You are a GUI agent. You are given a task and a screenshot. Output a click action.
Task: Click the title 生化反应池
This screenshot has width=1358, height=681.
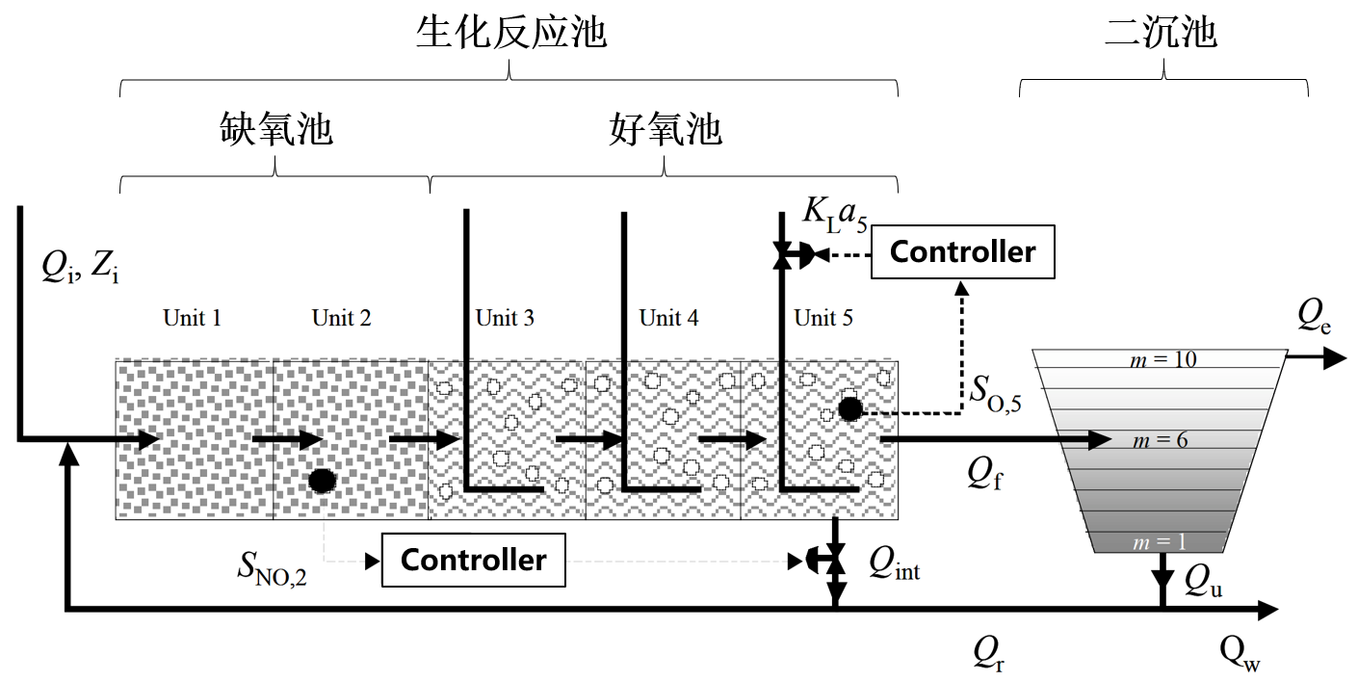510,33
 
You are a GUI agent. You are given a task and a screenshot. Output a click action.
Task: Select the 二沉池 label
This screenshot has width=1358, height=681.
1162,33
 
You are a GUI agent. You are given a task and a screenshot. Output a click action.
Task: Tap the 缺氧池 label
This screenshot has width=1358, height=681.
276,129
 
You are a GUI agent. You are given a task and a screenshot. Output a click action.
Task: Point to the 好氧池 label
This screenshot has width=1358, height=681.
666,129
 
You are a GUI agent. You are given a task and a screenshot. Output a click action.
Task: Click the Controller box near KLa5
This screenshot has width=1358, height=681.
962,252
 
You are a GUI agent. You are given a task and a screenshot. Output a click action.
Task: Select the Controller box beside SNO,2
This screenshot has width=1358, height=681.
473,561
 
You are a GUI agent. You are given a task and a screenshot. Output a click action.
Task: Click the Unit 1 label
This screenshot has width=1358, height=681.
192,318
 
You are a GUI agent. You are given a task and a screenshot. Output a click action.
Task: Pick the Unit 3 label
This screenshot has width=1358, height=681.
505,318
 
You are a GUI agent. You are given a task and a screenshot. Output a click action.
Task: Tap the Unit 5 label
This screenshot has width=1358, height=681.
823,318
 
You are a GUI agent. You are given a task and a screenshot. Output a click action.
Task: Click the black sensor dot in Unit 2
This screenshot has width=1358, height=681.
323,479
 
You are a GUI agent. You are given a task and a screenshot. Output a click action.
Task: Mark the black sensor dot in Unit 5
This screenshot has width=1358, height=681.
849,409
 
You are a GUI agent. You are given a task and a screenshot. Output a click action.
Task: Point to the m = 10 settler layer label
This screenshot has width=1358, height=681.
1162,359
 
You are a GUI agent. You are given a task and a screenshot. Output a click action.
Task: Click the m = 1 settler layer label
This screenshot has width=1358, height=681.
1160,543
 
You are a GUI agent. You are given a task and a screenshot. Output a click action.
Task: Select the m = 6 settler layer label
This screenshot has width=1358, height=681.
1160,440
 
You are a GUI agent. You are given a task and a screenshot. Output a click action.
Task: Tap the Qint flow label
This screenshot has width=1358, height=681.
894,562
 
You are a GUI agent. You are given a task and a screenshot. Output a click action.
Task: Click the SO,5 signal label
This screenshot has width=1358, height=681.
995,391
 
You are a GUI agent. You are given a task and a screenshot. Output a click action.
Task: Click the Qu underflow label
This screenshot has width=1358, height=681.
1203,579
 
